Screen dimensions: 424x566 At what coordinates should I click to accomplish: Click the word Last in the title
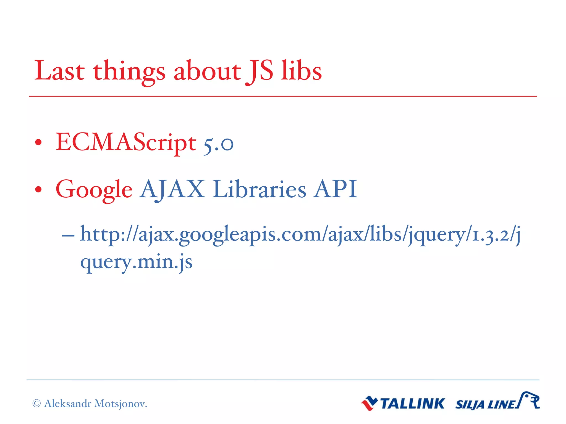59,71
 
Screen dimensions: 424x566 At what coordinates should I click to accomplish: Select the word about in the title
207,71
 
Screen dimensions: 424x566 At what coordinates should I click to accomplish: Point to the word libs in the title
301,71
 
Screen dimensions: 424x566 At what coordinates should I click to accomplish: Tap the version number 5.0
218,144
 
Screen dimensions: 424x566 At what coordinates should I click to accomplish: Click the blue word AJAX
172,189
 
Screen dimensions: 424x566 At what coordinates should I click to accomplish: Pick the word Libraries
259,189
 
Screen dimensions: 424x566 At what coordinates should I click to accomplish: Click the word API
335,189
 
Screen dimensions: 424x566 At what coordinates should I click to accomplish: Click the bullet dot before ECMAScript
38,142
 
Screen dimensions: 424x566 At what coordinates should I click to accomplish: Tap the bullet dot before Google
38,189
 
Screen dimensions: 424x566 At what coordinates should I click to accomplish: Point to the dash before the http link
68,235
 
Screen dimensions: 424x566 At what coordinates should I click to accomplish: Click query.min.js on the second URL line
136,262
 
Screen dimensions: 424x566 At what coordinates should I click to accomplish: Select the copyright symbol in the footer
36,404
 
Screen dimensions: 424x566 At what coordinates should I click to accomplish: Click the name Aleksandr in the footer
68,404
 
